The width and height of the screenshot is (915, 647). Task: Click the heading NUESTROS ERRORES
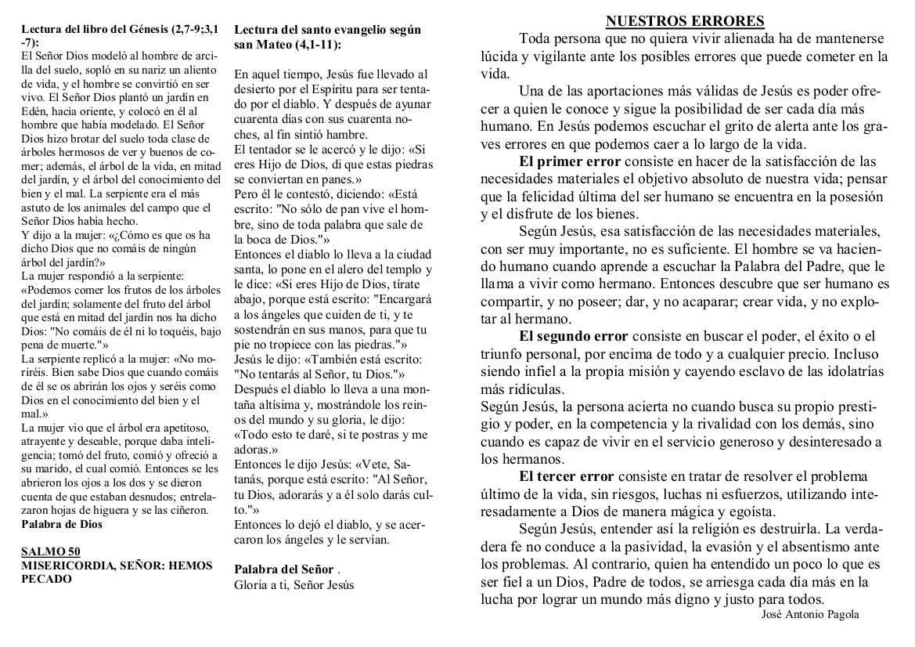[685, 21]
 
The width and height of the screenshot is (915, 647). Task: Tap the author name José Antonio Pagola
[809, 614]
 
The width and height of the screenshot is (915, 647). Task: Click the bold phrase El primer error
[570, 161]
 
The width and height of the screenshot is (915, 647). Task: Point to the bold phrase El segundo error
[574, 336]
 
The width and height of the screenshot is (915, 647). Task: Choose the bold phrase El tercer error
[567, 476]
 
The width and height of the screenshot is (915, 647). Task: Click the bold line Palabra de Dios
[61, 523]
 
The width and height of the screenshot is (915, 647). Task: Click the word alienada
[722, 38]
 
